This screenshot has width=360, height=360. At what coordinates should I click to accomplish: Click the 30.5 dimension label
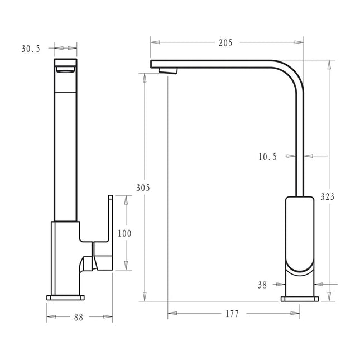click(x=31, y=49)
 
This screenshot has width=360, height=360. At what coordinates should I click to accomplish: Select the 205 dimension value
click(x=226, y=42)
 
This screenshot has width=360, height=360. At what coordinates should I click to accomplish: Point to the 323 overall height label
click(x=328, y=196)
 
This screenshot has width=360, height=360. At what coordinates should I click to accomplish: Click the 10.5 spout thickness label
click(x=267, y=157)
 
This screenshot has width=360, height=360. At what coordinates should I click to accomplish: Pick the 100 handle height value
click(x=125, y=233)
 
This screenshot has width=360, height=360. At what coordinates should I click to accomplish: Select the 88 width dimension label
click(x=79, y=317)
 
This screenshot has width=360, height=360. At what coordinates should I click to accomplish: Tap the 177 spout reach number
click(x=232, y=314)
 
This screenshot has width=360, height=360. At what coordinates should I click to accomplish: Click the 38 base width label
click(x=262, y=285)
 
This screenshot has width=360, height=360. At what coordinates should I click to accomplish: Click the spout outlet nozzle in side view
click(x=168, y=70)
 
